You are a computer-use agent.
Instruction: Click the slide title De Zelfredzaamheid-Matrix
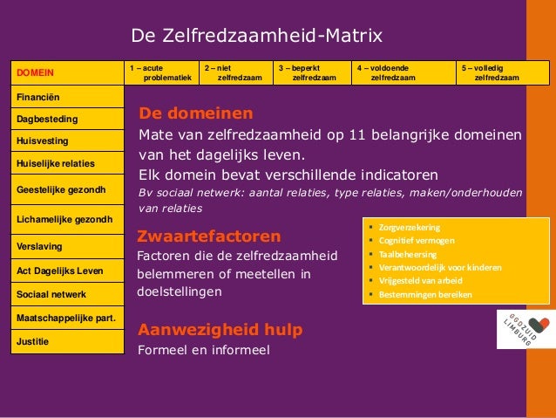[x=256, y=36]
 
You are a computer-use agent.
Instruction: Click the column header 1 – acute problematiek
[x=161, y=72]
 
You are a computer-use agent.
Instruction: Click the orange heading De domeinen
[x=196, y=113]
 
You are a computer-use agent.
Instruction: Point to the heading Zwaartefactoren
[x=209, y=236]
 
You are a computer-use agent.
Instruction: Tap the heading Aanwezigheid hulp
[x=220, y=329]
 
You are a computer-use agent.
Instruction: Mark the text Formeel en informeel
[x=204, y=350]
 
